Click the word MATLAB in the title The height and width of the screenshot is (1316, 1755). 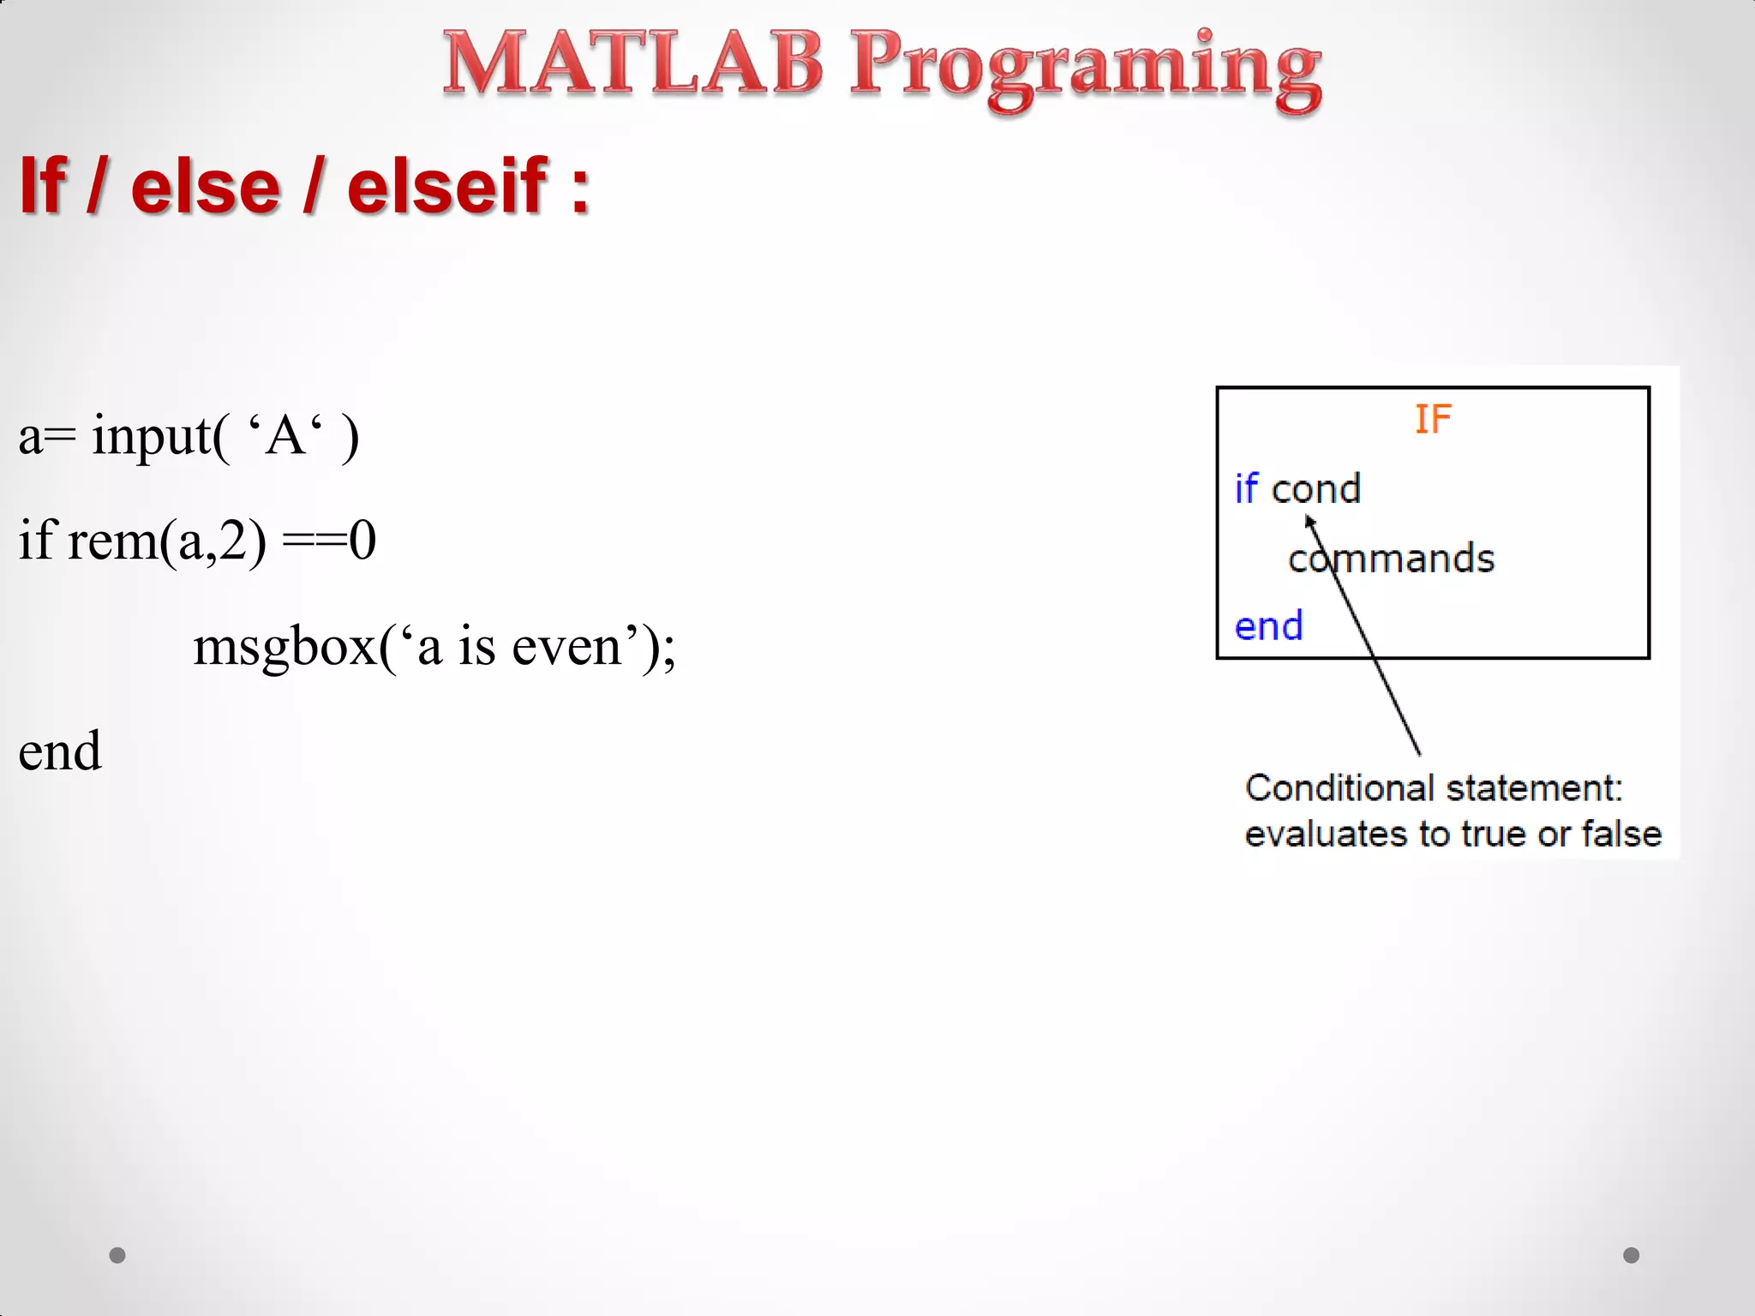(632, 64)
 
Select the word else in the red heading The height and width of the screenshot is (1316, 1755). (206, 187)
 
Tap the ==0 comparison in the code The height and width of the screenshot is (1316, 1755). (329, 541)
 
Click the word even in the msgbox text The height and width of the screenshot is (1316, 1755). (566, 648)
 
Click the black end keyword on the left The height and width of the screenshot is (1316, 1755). (60, 751)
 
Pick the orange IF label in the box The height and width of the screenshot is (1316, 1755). (1433, 420)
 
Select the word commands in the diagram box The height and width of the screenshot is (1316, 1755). (1392, 559)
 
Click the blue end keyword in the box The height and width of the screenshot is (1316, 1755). (1268, 626)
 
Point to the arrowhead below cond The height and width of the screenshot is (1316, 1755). (1309, 520)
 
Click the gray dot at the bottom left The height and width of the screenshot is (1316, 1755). (117, 1255)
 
